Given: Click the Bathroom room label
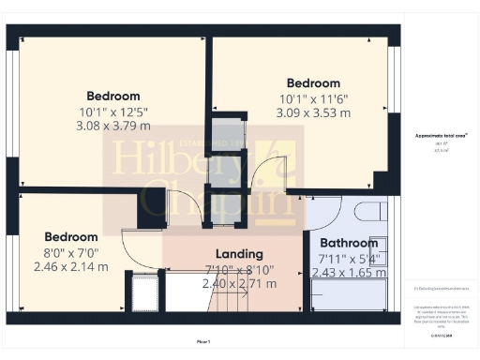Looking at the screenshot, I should tap(348, 243).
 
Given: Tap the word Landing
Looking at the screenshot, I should tap(239, 253).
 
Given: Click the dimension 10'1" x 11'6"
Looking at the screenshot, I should tap(314, 99).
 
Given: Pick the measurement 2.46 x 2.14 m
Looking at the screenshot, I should tap(70, 266).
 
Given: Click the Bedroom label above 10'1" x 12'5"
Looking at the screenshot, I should tap(113, 96).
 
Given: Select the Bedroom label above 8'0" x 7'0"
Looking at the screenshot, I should tap(71, 237).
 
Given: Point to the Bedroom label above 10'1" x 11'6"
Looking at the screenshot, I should tap(314, 83).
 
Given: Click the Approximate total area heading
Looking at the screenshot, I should tap(441, 136).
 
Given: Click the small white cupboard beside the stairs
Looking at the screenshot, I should tap(144, 293).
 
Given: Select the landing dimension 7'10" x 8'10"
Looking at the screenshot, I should tap(239, 269).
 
